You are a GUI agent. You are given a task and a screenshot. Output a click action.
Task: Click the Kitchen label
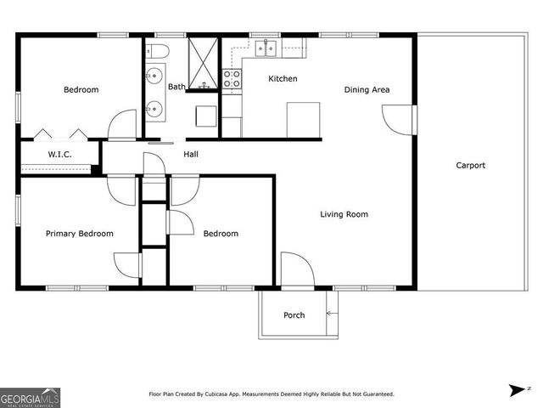coord(283,79)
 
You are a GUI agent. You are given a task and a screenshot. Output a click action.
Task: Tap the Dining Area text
coord(367,89)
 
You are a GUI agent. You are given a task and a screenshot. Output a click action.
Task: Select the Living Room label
coord(344,214)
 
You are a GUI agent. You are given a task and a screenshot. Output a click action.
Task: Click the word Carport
coord(471,166)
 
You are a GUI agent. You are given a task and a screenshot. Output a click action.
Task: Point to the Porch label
coord(294,315)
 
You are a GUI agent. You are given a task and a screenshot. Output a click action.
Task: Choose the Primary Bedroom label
coord(79,234)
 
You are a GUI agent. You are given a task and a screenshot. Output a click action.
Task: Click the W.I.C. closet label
coord(59,155)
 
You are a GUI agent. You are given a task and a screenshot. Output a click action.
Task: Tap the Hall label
coord(191,154)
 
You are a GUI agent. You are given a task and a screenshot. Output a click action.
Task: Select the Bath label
coord(176,87)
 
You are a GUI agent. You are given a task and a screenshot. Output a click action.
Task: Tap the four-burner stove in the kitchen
coord(232,81)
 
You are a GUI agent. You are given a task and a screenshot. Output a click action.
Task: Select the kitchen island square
coord(303,119)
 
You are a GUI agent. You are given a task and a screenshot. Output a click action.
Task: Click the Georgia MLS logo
coord(30,397)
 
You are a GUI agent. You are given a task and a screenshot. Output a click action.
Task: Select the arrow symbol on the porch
coord(331,315)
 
